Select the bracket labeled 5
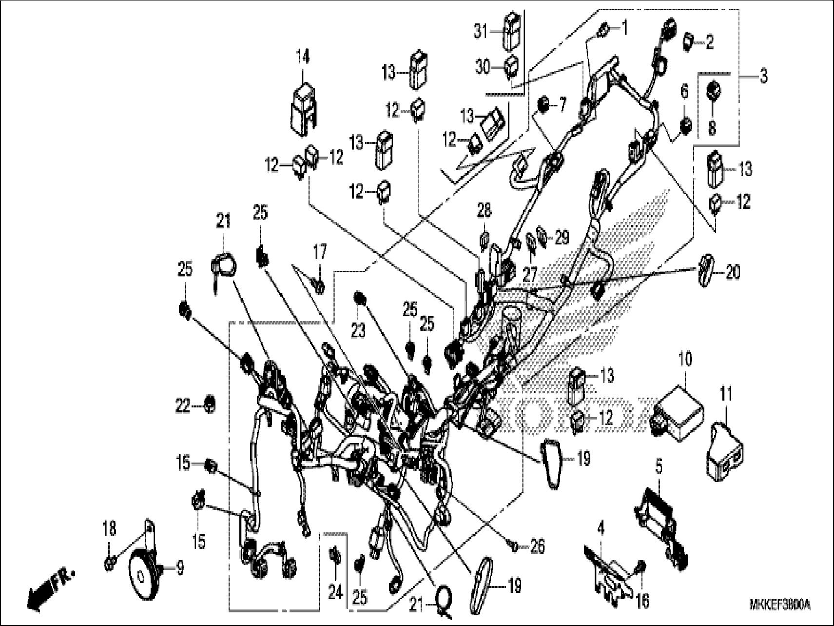(x=660, y=528)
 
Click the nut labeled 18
(x=110, y=565)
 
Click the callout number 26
(x=537, y=546)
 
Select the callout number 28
(x=484, y=211)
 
